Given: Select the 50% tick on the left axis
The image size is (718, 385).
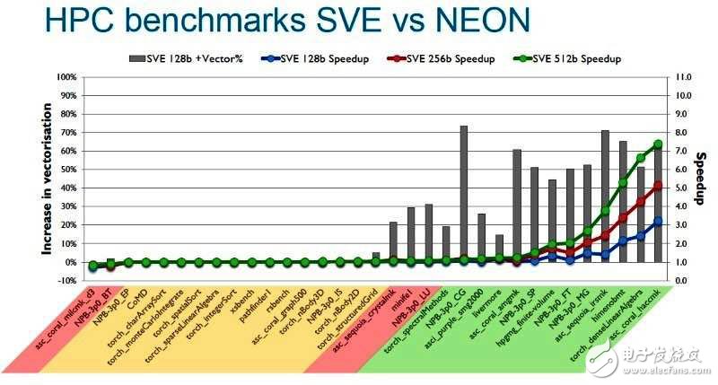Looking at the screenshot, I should tap(65, 170).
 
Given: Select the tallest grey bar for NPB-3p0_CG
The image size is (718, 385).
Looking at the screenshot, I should tap(464, 194).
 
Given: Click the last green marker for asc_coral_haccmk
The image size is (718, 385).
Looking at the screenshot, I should tap(658, 144).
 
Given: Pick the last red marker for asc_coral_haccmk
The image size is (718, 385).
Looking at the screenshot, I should tap(658, 185).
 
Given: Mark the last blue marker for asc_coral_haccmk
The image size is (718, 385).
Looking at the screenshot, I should tap(658, 221).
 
